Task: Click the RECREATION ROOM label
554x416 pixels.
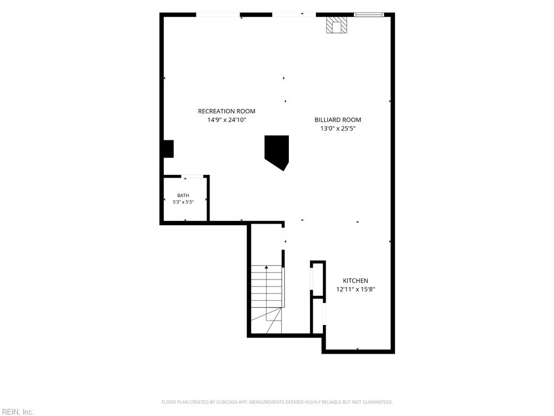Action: click(227, 111)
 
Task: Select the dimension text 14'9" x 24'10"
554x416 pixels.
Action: click(227, 120)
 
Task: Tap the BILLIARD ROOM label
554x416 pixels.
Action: click(338, 120)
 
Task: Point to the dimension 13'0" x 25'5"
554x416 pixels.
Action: click(338, 128)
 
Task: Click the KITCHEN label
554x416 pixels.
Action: click(356, 281)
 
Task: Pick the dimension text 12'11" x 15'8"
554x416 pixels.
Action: click(355, 289)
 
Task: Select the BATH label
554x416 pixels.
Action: click(183, 195)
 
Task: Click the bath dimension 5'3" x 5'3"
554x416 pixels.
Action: click(183, 202)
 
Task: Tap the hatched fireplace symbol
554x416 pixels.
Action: click(337, 25)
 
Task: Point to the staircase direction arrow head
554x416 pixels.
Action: click(266, 267)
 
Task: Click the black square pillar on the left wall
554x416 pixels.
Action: click(168, 149)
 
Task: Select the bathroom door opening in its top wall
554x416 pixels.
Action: click(193, 176)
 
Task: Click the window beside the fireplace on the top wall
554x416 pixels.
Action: click(369, 15)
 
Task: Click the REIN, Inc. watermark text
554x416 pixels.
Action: click(17, 412)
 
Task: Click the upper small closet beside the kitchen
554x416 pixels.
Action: click(318, 279)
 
